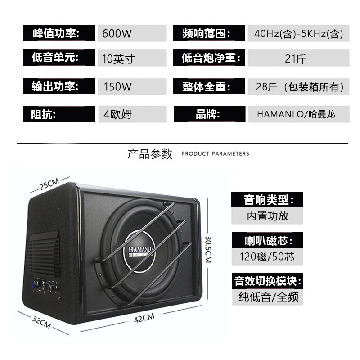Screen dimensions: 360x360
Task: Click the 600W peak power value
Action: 117,33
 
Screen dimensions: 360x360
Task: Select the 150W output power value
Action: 117,87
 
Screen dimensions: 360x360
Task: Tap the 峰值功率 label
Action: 56,33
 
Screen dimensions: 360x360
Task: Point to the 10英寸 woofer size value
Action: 118,59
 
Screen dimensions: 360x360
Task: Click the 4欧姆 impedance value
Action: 117,114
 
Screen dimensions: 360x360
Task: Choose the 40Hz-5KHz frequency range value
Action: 298,33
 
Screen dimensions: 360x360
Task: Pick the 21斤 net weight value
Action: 296,59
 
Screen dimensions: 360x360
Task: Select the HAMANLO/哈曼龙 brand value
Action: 296,114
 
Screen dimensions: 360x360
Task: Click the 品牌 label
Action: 208,114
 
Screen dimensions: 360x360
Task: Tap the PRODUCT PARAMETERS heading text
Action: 215,153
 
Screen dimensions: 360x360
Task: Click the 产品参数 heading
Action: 150,154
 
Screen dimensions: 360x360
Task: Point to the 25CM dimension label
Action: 49,184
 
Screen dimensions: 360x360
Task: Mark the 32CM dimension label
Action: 41,322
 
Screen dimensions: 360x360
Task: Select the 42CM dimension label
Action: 144,318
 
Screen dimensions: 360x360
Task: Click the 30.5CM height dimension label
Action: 208,249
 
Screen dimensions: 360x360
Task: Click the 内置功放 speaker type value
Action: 267,216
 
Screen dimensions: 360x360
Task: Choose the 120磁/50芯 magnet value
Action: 267,256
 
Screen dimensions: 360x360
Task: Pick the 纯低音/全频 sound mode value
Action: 268,297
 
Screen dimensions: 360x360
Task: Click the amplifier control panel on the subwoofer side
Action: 45,287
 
